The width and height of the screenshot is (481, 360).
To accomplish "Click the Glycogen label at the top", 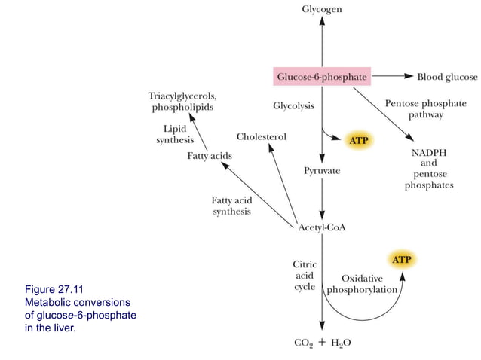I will (322, 9).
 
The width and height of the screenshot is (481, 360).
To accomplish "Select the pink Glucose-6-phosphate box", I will (322, 77).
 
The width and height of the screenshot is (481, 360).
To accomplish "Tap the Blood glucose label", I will (447, 77).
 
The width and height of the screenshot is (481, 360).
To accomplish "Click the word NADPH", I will (429, 152).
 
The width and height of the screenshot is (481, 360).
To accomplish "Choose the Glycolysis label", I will (294, 106).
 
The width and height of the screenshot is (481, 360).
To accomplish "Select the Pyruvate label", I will (322, 171).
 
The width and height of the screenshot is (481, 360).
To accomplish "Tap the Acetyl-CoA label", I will (322, 228).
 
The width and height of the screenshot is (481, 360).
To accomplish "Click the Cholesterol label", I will (261, 136).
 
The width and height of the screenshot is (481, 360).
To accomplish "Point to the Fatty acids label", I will (210, 155).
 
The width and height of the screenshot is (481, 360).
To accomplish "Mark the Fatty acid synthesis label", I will (231, 206).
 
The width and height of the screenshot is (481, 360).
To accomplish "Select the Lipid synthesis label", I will (175, 134).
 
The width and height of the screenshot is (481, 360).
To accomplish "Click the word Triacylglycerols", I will (182, 96).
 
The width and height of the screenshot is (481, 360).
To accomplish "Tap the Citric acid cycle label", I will (305, 276).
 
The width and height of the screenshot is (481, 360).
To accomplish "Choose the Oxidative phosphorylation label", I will (363, 284).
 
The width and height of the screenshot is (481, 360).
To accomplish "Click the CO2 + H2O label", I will (322, 343).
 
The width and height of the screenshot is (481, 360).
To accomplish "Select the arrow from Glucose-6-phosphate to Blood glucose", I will (391, 77).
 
